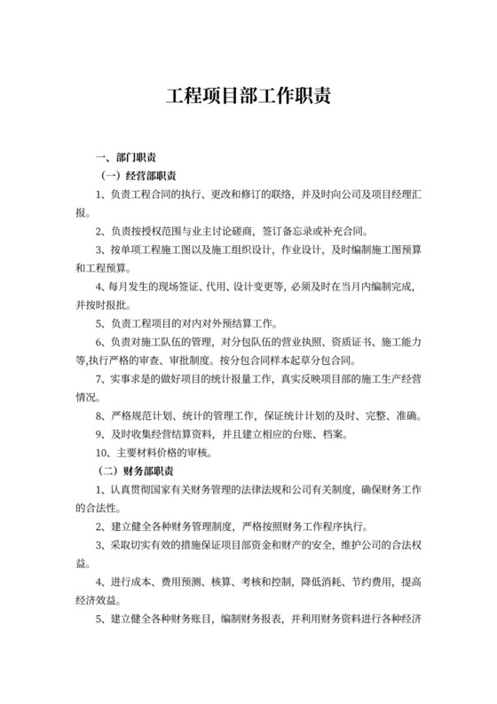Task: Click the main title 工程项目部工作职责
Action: click(x=248, y=95)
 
